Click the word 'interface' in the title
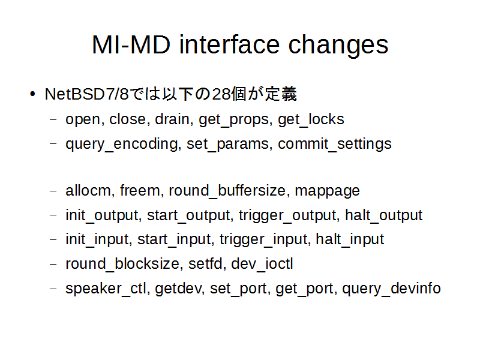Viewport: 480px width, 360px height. [x=229, y=44]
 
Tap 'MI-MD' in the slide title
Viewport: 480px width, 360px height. [x=131, y=44]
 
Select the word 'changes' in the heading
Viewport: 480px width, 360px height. [x=338, y=46]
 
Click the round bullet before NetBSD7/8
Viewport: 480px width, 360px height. [x=32, y=94]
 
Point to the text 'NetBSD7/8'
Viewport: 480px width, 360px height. [x=86, y=94]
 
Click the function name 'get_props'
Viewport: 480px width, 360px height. [x=234, y=119]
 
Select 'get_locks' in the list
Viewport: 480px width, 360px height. [x=311, y=119]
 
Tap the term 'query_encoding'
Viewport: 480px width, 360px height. [x=121, y=144]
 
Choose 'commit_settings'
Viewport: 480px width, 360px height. [x=335, y=144]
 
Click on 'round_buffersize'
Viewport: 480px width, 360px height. [x=227, y=191]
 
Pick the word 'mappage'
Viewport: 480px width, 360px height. [x=327, y=191]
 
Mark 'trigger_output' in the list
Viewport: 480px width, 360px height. [x=288, y=215]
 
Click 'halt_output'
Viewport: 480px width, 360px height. [x=384, y=215]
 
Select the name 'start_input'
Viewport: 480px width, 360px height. [x=174, y=239]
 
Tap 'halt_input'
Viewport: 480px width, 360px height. [x=350, y=239]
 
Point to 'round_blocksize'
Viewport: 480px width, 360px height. [x=122, y=263]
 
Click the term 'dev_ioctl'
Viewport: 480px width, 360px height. [x=262, y=263]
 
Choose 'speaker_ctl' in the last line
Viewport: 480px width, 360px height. [x=106, y=289]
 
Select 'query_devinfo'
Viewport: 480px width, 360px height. [x=392, y=289]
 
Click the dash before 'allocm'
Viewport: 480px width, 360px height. [x=53, y=191]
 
